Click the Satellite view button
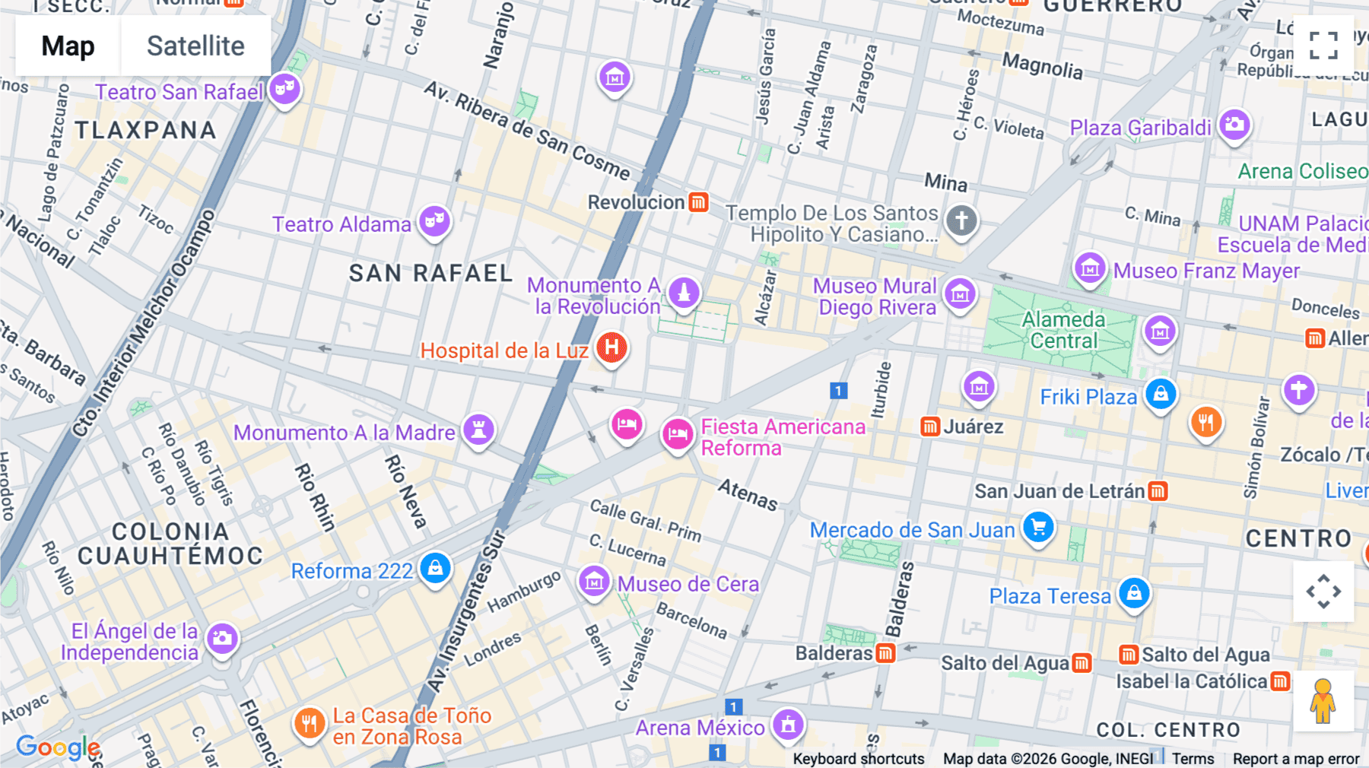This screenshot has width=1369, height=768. pos(195,46)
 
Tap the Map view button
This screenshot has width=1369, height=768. pos(68,46)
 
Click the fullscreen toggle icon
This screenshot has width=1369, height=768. pos(1323,46)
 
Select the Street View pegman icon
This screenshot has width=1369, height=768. pos(1323,700)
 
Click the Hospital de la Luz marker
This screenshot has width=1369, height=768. pos(611,348)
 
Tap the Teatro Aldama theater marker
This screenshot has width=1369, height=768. pos(434,221)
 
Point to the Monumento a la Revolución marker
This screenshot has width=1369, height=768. pos(683,292)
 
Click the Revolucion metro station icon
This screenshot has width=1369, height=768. pos(698,202)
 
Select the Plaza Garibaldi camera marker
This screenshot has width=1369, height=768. pos(1234,124)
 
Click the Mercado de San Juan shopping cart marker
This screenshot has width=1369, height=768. pos(1038,526)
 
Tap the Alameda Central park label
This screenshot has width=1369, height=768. pos(1063,330)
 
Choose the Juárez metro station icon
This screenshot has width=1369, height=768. pos(929,427)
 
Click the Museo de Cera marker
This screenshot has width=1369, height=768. pos(594,582)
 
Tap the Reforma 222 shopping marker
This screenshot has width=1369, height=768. pos(435,568)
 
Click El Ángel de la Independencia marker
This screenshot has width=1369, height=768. pos(222,638)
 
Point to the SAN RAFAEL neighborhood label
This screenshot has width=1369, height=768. pos(430,273)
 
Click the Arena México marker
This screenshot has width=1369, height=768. pos(788,725)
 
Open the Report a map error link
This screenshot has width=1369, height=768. pos(1295,759)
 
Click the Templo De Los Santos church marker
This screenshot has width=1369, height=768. pos(961,221)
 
